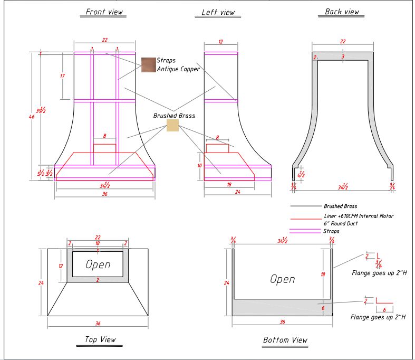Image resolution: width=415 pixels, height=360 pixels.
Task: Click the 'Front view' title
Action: (x=104, y=12)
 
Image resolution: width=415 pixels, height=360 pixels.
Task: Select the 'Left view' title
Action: (x=218, y=12)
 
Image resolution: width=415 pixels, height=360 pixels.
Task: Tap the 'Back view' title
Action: (x=342, y=12)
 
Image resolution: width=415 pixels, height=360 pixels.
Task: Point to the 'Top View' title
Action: (x=100, y=339)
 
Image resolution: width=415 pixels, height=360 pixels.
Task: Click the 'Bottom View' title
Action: (x=285, y=340)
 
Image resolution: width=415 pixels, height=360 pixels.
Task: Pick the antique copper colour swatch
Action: (x=149, y=65)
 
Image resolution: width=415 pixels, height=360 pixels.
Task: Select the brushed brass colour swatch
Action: (x=172, y=125)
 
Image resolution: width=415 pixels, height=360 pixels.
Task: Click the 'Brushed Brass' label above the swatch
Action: (x=174, y=116)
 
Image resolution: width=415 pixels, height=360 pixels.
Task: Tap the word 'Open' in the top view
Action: (x=98, y=264)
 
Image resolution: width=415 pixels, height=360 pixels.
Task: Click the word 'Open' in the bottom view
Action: (x=283, y=279)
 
